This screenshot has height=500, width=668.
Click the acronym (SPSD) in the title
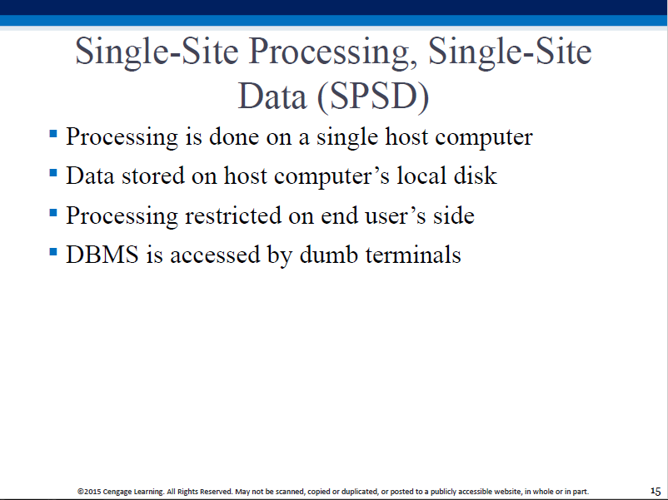(x=373, y=97)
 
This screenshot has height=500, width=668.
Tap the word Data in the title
(x=272, y=97)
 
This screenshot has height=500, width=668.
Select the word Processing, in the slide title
(x=332, y=52)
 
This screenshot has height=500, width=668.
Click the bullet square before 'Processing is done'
(x=53, y=134)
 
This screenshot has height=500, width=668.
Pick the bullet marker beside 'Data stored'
(x=53, y=173)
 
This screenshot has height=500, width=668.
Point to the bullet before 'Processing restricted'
(x=53, y=212)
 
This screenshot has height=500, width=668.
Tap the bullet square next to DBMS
(x=53, y=252)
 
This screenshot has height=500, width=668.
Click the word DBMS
(x=102, y=255)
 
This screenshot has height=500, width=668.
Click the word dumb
(x=328, y=255)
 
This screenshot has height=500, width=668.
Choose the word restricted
(x=233, y=215)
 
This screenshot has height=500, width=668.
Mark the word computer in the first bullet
(x=484, y=138)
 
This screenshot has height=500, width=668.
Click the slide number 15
(x=656, y=491)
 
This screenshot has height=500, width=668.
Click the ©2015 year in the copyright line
(x=89, y=492)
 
